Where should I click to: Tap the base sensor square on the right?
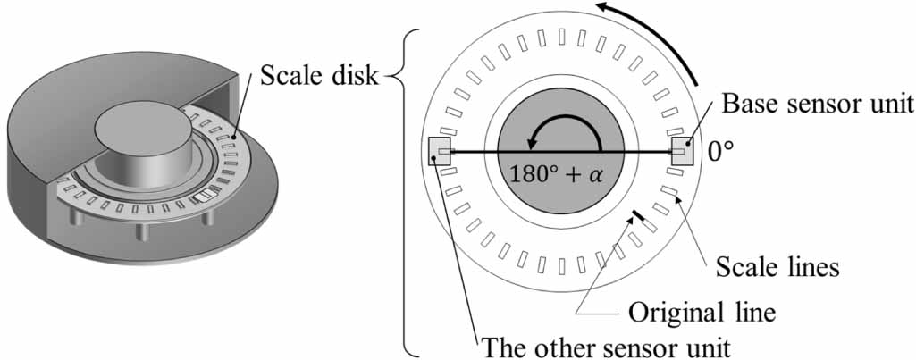683,150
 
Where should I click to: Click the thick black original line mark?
638,215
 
